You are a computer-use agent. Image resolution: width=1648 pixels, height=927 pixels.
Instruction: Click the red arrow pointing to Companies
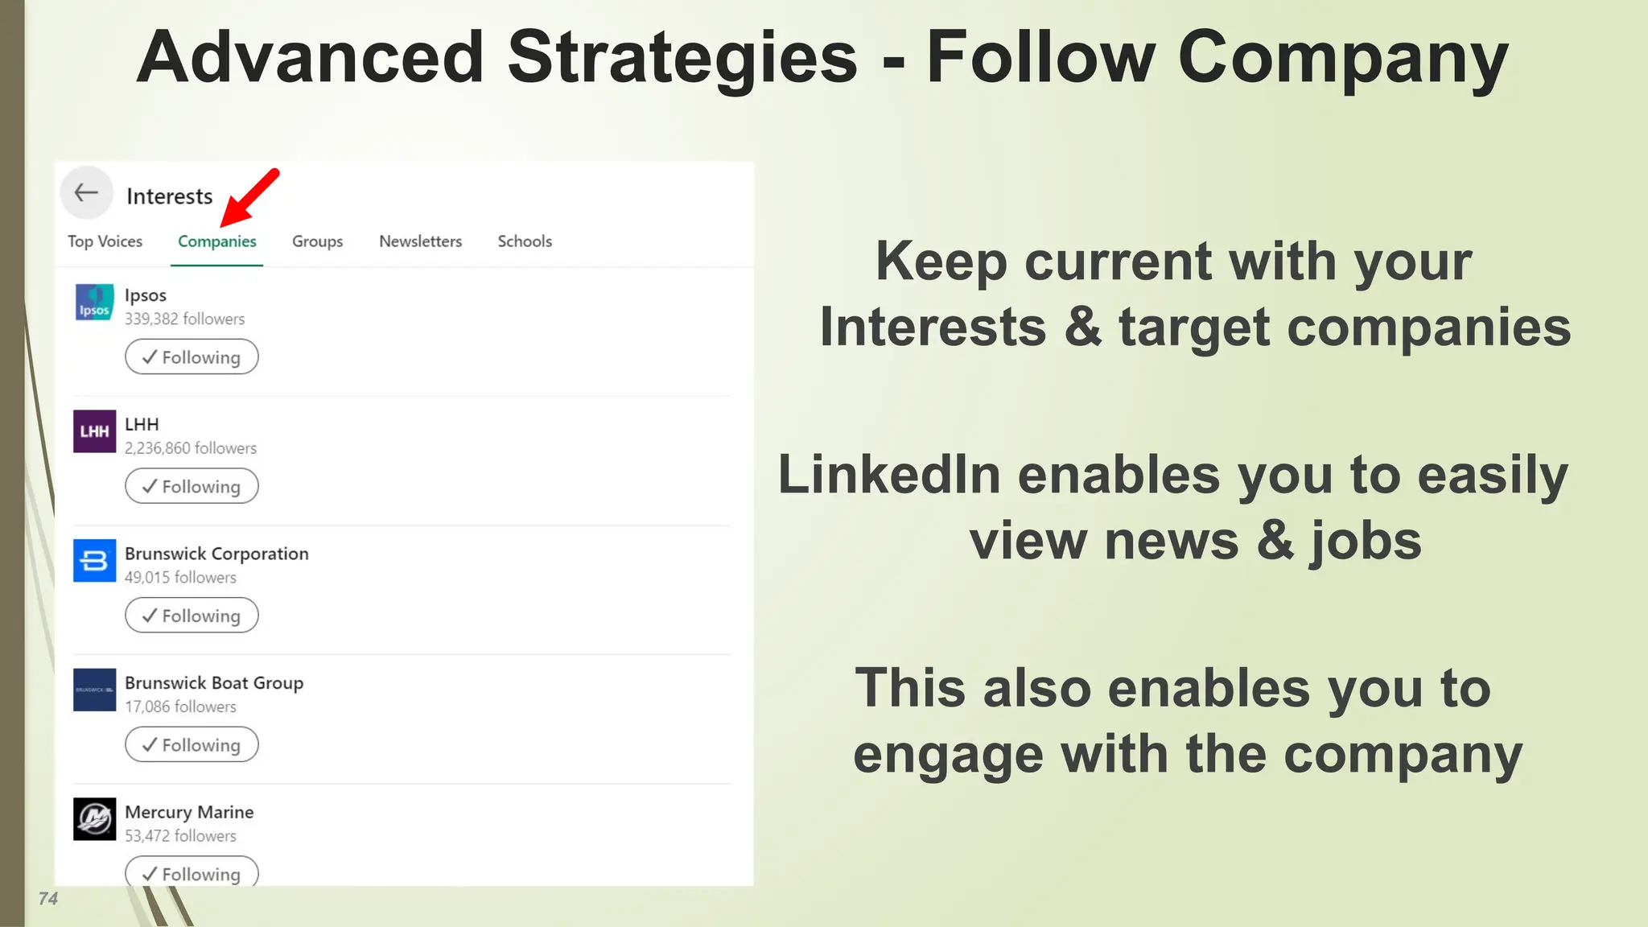pyautogui.click(x=250, y=197)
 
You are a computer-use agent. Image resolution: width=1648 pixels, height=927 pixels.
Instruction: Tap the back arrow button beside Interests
pyautogui.click(x=86, y=193)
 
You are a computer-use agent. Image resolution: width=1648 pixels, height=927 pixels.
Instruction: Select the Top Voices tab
pyautogui.click(x=105, y=241)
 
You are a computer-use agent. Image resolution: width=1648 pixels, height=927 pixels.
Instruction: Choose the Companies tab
pyautogui.click(x=217, y=241)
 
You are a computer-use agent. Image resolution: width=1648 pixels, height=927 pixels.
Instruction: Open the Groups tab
pyautogui.click(x=317, y=241)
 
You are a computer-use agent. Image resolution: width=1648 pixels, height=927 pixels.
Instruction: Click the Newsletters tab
pyautogui.click(x=420, y=241)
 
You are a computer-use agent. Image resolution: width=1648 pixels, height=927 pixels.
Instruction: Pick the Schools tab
pyautogui.click(x=525, y=241)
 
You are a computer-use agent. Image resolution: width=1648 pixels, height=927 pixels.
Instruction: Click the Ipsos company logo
pyautogui.click(x=94, y=303)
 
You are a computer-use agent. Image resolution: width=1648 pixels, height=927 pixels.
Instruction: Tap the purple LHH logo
pyautogui.click(x=94, y=431)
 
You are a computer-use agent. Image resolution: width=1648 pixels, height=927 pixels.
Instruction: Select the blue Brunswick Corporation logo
pyautogui.click(x=94, y=561)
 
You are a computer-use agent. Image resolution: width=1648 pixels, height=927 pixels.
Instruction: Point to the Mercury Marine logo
pyautogui.click(x=94, y=819)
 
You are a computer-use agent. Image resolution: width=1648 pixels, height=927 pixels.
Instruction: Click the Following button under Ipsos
pyautogui.click(x=192, y=357)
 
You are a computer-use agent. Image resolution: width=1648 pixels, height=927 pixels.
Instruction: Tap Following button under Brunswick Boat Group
pyautogui.click(x=192, y=745)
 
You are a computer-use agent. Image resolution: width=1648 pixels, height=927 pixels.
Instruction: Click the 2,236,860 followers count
pyautogui.click(x=191, y=448)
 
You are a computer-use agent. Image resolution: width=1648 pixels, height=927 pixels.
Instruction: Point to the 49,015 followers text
pyautogui.click(x=180, y=578)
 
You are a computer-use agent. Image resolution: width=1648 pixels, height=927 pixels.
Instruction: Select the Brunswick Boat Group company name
pyautogui.click(x=214, y=683)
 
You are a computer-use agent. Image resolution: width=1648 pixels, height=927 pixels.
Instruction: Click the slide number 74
pyautogui.click(x=48, y=899)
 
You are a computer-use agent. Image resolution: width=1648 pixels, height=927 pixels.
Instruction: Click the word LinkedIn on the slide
pyautogui.click(x=889, y=475)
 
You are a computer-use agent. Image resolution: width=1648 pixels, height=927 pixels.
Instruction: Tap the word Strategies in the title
pyautogui.click(x=682, y=58)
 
